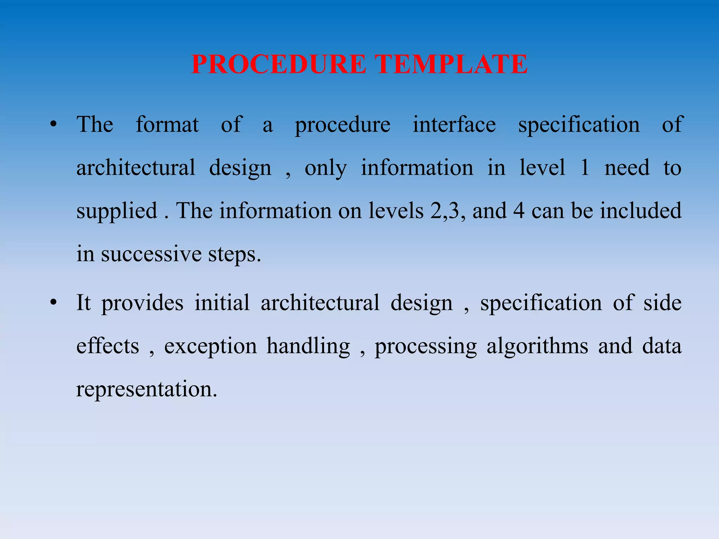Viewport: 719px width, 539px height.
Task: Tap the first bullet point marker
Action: [53, 125]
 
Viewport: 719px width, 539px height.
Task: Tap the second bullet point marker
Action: [53, 303]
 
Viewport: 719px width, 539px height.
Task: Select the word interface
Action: [454, 125]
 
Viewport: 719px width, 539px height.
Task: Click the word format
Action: [167, 125]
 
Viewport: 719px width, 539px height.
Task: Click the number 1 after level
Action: [585, 168]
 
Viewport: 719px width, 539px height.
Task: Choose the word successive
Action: [151, 254]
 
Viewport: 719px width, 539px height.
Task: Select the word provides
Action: [142, 303]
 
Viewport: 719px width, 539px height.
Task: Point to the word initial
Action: [222, 303]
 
